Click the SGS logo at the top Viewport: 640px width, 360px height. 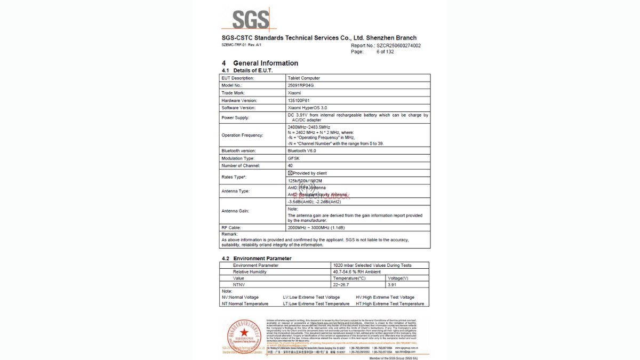pyautogui.click(x=250, y=20)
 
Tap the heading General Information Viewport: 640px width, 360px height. pyautogui.click(x=265, y=63)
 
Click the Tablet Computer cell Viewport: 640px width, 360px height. pyautogui.click(x=303, y=78)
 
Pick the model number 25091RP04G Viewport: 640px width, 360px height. pyautogui.click(x=301, y=85)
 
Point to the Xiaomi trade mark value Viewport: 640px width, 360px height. pyautogui.click(x=294, y=93)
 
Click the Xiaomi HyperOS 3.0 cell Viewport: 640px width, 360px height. pyautogui.click(x=307, y=108)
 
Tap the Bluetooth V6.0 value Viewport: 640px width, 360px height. pyautogui.click(x=302, y=151)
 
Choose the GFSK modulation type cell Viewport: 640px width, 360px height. pyautogui.click(x=293, y=158)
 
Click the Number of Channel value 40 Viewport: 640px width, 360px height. pyautogui.click(x=290, y=166)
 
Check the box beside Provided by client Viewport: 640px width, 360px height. pyautogui.click(x=290, y=173)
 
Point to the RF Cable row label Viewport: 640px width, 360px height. pyautogui.click(x=233, y=227)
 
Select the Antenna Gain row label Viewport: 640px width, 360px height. pyautogui.click(x=235, y=211)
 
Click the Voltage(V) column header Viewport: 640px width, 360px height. pyautogui.click(x=397, y=278)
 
